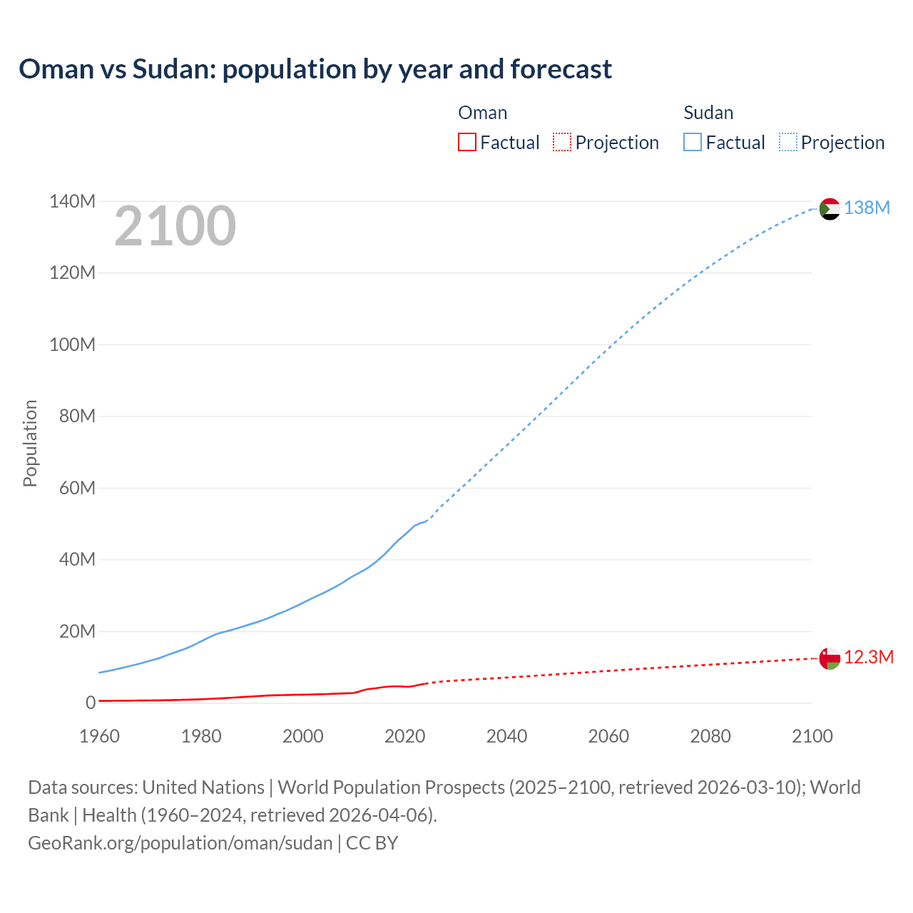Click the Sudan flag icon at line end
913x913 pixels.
[x=830, y=209]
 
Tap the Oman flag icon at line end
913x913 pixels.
[x=830, y=658]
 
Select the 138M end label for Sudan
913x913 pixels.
[x=867, y=208]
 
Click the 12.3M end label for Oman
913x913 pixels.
[x=868, y=657]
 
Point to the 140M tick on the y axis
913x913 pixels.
[x=72, y=201]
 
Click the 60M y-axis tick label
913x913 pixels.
[x=77, y=488]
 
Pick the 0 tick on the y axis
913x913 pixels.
[x=91, y=703]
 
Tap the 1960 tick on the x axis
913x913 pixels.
[x=99, y=736]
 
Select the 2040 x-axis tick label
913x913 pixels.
[x=506, y=736]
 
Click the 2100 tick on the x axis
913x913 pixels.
[x=812, y=736]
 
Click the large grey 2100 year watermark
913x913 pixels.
[x=175, y=226]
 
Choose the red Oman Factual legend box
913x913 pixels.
[x=466, y=142]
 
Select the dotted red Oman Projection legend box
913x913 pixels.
[x=562, y=142]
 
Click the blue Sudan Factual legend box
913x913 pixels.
[x=693, y=142]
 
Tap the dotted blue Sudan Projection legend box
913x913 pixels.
[x=787, y=142]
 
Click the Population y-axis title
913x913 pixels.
[x=30, y=443]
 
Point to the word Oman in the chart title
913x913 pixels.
[x=56, y=69]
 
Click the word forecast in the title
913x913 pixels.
[x=561, y=69]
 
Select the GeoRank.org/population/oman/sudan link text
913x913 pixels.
[x=180, y=842]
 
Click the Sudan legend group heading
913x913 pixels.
[x=708, y=113]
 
